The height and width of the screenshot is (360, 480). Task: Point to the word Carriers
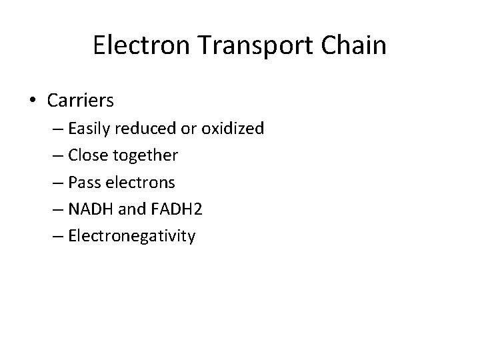(81, 101)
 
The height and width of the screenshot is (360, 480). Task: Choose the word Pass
(83, 181)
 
